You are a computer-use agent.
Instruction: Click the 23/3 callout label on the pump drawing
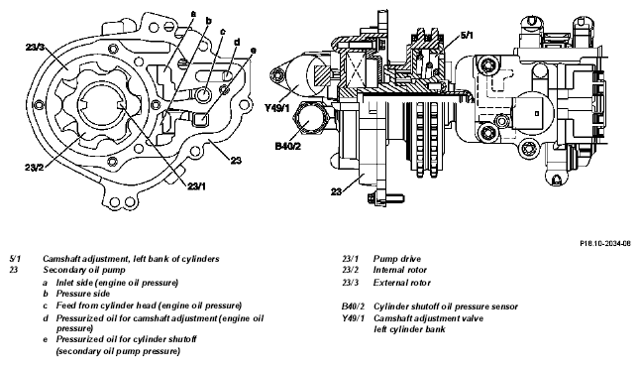35,47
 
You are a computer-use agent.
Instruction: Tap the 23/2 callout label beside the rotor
34,168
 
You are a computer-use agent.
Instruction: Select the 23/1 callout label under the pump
196,186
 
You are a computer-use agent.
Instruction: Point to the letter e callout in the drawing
253,51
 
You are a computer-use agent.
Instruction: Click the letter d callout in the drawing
237,42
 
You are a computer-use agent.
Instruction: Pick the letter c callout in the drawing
223,32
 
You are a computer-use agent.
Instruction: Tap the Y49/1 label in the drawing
276,108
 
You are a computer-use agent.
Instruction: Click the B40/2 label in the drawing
287,146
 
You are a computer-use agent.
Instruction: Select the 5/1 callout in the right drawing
467,35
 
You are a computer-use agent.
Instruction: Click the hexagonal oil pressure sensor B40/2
311,120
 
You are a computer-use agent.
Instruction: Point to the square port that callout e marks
201,119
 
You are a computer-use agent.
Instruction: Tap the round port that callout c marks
203,95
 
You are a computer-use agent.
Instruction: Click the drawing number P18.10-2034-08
605,243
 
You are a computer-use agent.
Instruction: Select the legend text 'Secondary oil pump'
84,270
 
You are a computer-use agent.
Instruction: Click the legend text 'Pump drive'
396,259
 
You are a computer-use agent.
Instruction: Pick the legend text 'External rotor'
401,283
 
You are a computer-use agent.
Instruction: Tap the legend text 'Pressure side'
83,294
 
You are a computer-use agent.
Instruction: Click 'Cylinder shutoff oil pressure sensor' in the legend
446,306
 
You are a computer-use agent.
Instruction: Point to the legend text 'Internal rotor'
399,270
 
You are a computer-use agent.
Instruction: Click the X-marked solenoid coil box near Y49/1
357,70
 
